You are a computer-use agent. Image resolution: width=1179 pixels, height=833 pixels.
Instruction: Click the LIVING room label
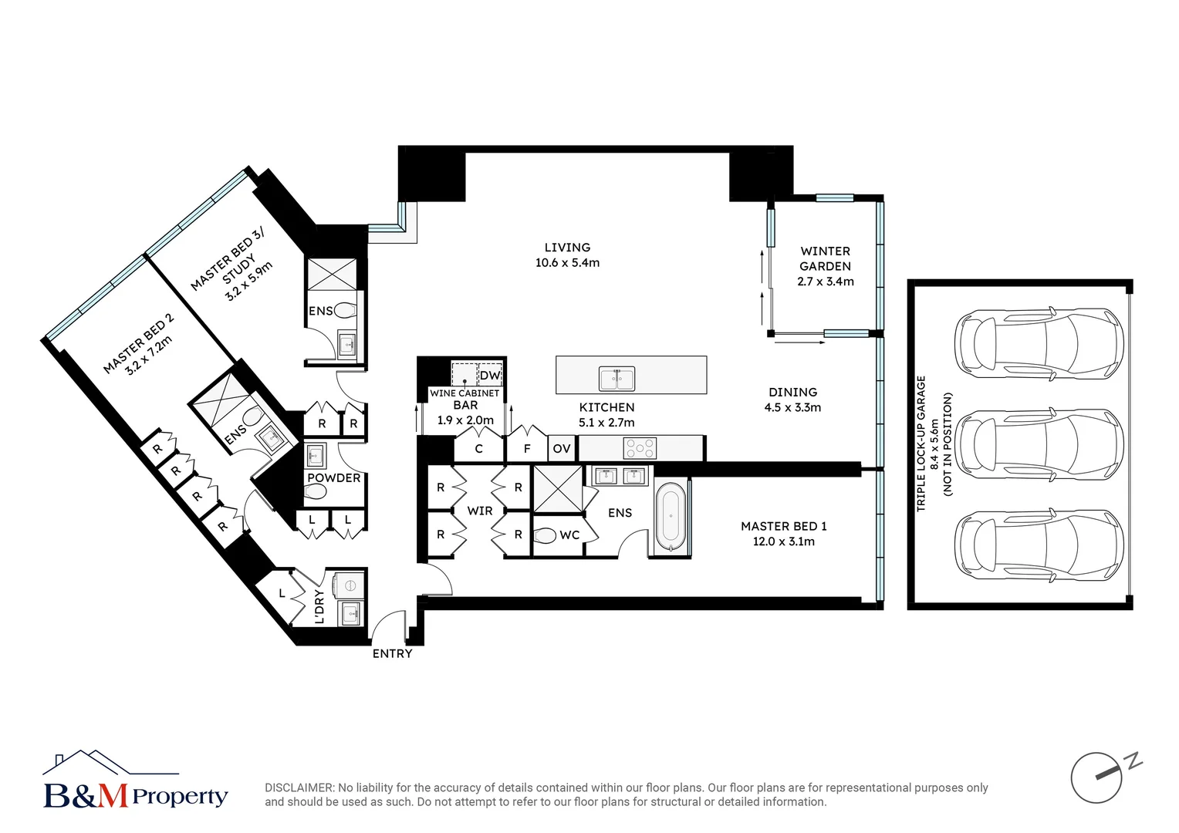[x=567, y=248]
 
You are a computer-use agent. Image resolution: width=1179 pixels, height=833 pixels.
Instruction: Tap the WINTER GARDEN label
[x=825, y=258]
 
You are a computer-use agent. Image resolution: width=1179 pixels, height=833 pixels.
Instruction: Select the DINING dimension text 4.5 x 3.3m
[x=792, y=407]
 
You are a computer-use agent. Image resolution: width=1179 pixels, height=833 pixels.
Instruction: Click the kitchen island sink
[x=617, y=379]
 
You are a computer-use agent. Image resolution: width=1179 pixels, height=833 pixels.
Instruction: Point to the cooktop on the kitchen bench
[x=640, y=447]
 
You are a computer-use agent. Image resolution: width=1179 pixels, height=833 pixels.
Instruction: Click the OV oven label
[x=561, y=449]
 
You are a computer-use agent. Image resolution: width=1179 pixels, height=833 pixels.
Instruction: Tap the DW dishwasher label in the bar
[x=490, y=376]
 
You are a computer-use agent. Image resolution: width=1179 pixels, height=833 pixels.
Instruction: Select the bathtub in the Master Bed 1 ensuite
[x=670, y=516]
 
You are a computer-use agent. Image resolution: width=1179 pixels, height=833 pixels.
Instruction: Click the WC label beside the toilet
[x=569, y=535]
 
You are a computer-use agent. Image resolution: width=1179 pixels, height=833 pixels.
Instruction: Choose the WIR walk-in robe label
[x=479, y=511]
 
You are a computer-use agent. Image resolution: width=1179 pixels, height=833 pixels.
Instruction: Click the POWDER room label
[x=333, y=478]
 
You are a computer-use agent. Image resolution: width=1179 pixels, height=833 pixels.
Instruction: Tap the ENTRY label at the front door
[x=392, y=653]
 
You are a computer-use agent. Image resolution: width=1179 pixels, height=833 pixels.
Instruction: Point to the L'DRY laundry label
[x=319, y=606]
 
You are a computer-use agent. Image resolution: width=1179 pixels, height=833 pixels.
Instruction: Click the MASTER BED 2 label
[x=139, y=343]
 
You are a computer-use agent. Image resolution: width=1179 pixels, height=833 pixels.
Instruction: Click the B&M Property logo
[x=135, y=781]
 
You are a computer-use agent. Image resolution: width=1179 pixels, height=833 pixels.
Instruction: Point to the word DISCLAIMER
[x=299, y=787]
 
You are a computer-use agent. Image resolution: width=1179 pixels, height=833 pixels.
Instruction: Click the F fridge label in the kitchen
[x=527, y=449]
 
